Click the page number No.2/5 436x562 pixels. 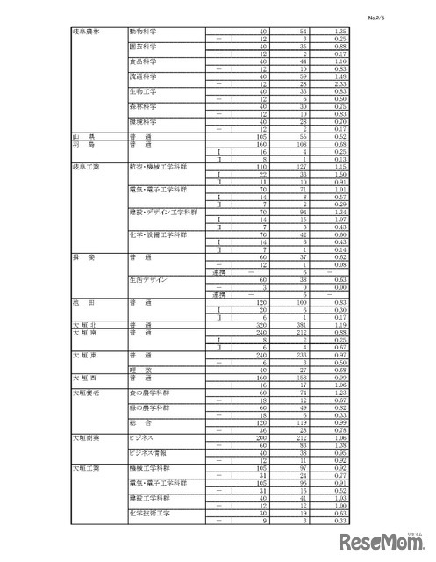400,15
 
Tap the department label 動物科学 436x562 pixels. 143,31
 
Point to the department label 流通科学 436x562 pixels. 143,76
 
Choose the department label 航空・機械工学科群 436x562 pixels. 166,166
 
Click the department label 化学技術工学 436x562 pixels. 148,513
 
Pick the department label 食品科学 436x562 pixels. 143,61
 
